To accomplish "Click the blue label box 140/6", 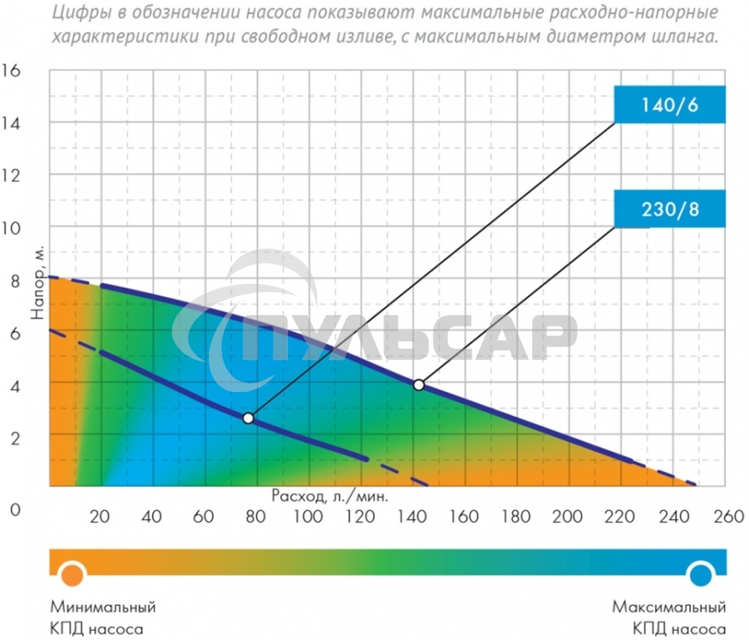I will [x=670, y=104].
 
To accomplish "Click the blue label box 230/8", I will [x=670, y=210].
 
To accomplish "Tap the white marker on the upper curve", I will [x=419, y=385].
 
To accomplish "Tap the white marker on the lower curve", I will [x=248, y=418].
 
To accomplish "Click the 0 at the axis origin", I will [x=16, y=509].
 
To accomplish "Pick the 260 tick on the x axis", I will [x=723, y=516].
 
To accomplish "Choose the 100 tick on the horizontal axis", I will [x=308, y=516].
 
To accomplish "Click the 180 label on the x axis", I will [x=516, y=516].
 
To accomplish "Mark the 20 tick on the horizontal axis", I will [x=100, y=516].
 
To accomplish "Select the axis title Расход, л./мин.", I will [x=330, y=495].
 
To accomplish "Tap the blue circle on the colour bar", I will [x=702, y=574].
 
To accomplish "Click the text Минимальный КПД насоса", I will [x=103, y=617].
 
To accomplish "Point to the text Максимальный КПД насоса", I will [x=669, y=617].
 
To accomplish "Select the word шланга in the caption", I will [x=687, y=37].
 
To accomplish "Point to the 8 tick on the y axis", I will [x=16, y=280].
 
